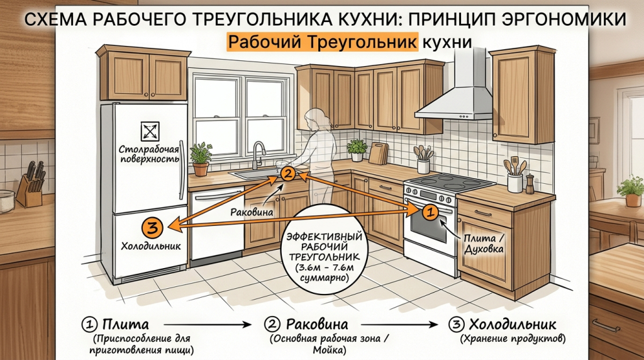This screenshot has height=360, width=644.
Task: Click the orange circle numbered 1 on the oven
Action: [430, 213]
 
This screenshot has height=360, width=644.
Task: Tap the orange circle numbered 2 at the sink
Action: [287, 174]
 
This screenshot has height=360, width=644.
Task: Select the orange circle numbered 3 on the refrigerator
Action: [152, 227]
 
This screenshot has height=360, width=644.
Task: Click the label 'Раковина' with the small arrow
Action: [252, 213]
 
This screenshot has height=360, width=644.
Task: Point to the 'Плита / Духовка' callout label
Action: [484, 244]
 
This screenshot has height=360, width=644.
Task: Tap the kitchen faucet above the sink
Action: [258, 155]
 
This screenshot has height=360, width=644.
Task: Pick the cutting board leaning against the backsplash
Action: [378, 154]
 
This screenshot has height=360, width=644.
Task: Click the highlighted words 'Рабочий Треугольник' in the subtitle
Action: [323, 42]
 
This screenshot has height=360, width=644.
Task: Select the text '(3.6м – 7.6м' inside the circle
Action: [325, 268]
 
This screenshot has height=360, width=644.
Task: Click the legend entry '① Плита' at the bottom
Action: [115, 324]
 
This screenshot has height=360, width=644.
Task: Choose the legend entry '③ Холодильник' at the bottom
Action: [502, 324]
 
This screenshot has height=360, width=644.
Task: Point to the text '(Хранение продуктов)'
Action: [513, 339]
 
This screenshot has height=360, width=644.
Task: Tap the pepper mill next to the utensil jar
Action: [530, 184]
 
